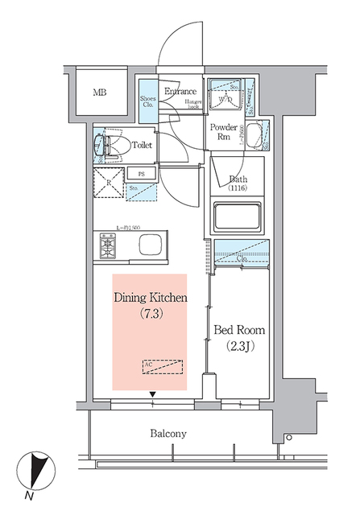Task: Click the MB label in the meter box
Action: tap(99, 93)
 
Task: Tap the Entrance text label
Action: tap(180, 91)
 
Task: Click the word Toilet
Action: tap(143, 146)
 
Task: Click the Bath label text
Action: tap(238, 179)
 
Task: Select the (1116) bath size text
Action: tap(238, 189)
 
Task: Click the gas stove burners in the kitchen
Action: tap(108, 245)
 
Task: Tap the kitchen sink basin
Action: tap(151, 245)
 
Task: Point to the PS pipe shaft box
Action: tap(140, 173)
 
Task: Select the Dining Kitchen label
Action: tap(151, 298)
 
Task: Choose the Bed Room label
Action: tap(239, 331)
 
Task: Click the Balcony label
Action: tap(168, 433)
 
